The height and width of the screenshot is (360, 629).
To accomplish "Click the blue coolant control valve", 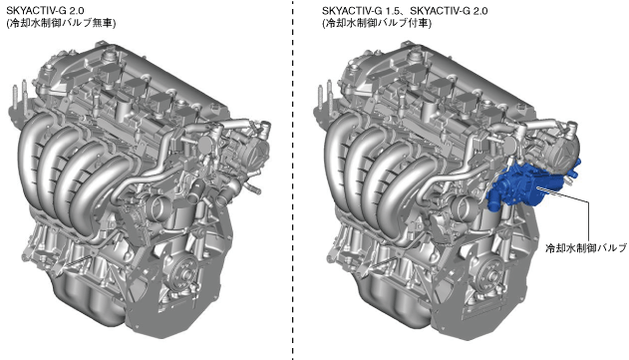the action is pos(529,183).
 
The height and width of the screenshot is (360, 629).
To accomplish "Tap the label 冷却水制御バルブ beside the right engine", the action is pos(586,247).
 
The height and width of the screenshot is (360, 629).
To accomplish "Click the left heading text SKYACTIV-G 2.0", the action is pos(45,10).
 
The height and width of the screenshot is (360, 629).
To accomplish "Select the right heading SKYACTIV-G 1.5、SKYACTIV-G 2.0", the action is pos(405,10).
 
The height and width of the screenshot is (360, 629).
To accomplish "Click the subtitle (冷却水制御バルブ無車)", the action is pos(61,23).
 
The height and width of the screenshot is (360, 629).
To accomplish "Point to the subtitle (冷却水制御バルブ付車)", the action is pos(377,23).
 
